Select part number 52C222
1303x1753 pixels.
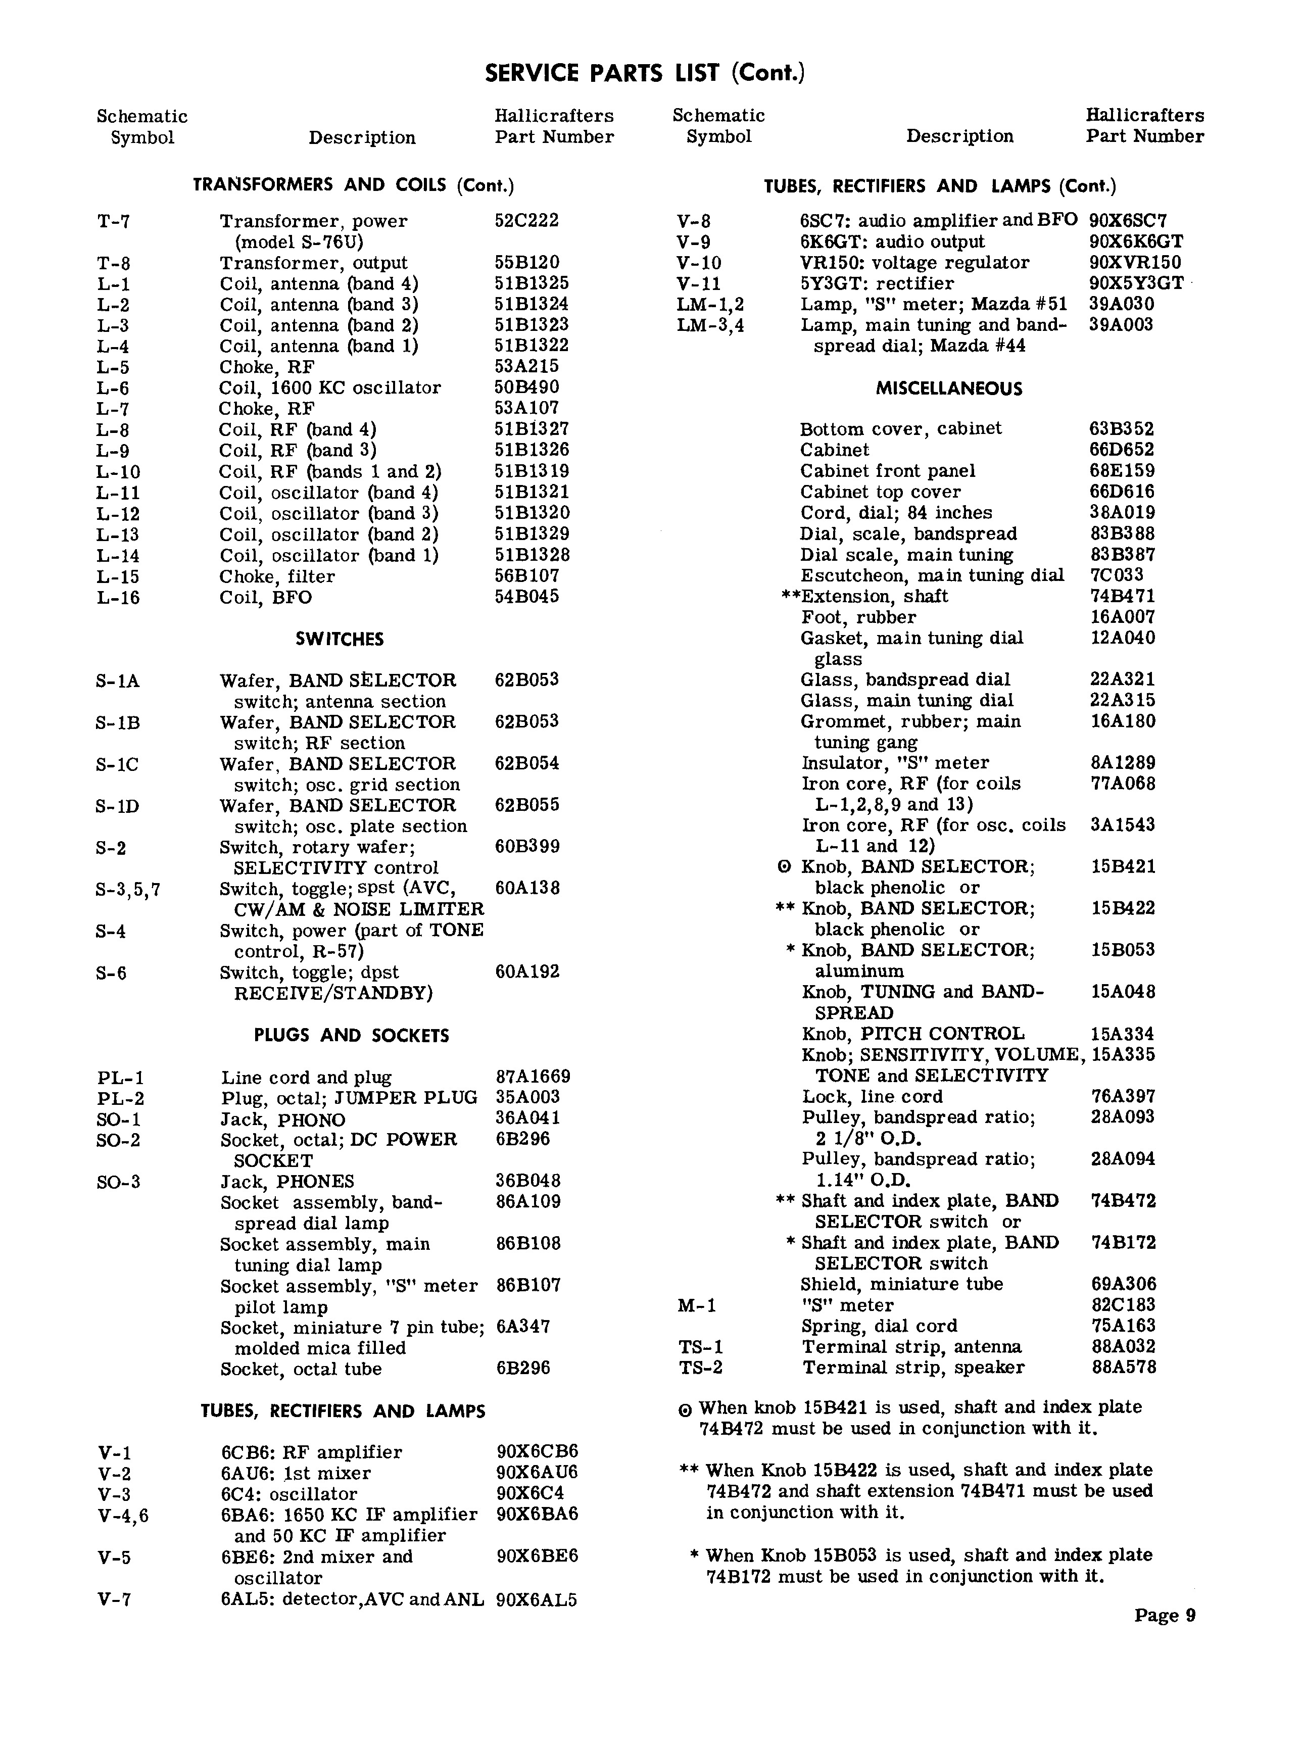(526, 221)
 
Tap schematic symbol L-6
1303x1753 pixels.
(113, 388)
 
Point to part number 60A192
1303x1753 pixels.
(527, 971)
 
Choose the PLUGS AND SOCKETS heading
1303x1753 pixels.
(351, 1036)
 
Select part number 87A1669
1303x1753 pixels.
(533, 1077)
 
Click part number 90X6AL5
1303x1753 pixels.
(537, 1599)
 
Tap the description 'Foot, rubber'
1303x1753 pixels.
(858, 617)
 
